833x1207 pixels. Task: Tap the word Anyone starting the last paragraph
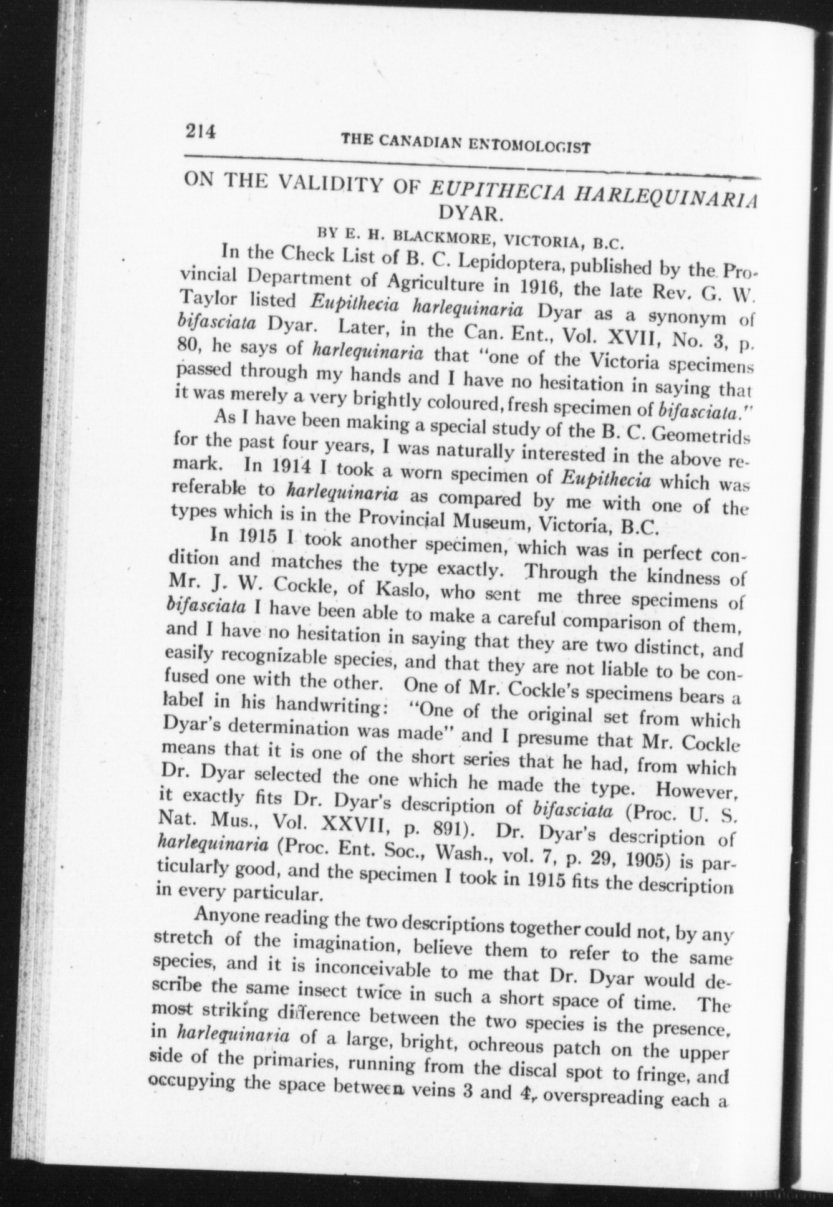pos(231,916)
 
